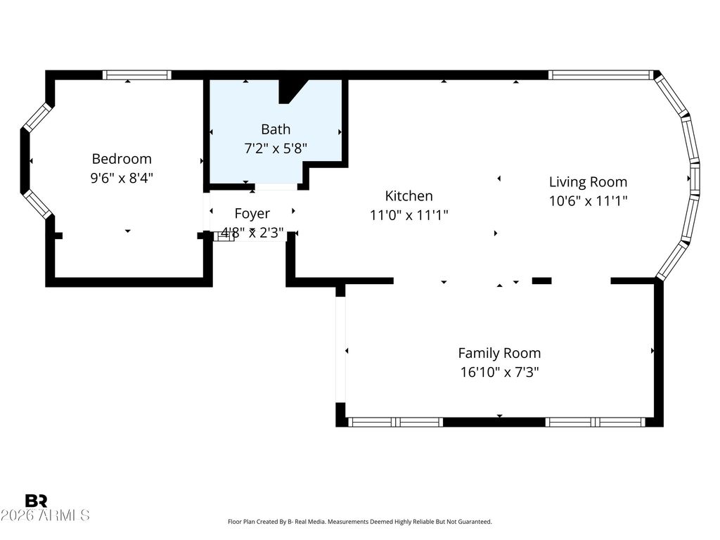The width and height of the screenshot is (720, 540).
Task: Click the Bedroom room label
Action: click(x=122, y=159)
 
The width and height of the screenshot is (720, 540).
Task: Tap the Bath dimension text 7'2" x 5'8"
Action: click(x=276, y=148)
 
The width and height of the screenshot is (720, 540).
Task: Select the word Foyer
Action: click(x=252, y=214)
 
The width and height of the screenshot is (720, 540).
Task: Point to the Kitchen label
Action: click(x=409, y=195)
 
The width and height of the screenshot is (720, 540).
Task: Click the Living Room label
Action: click(x=589, y=182)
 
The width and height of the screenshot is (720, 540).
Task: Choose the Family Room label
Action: click(x=500, y=353)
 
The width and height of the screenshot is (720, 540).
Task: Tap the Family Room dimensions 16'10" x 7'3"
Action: click(x=500, y=371)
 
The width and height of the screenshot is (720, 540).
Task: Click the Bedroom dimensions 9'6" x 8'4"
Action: click(x=122, y=178)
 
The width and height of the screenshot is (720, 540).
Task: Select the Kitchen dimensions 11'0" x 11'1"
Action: click(x=409, y=214)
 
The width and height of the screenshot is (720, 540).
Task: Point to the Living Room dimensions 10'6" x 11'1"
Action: click(x=589, y=200)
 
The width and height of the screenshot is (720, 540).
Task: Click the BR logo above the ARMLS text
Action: click(x=37, y=501)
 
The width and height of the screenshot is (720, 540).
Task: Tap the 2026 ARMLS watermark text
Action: click(x=45, y=515)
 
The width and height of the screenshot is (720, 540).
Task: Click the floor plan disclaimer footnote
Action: click(x=360, y=522)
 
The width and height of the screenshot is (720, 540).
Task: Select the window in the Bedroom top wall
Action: click(x=137, y=75)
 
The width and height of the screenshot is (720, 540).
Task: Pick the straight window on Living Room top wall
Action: click(x=600, y=75)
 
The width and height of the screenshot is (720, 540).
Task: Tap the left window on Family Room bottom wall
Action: click(x=395, y=422)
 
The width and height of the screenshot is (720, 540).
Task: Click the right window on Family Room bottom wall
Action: click(x=596, y=422)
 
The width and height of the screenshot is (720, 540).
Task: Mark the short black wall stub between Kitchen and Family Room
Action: click(x=542, y=281)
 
